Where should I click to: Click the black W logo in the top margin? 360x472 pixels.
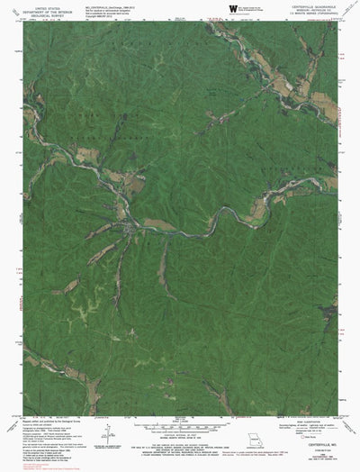pyautogui.click(x=233, y=9)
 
